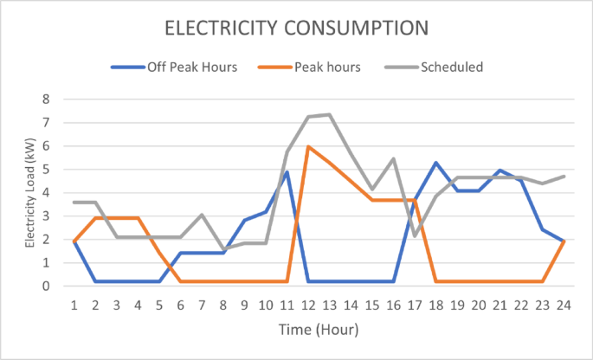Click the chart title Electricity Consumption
(296, 29)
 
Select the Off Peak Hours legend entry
(185, 67)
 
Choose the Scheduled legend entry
(451, 67)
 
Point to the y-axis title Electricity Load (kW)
(29, 192)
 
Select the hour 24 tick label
(564, 305)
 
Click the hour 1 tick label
(74, 305)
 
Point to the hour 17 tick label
(415, 305)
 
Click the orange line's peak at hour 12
(308, 146)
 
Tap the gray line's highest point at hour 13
(330, 114)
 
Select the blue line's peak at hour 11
(287, 172)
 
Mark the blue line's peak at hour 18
(436, 163)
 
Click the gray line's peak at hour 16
(394, 158)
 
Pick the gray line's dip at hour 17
(415, 235)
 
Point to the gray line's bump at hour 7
(202, 215)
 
